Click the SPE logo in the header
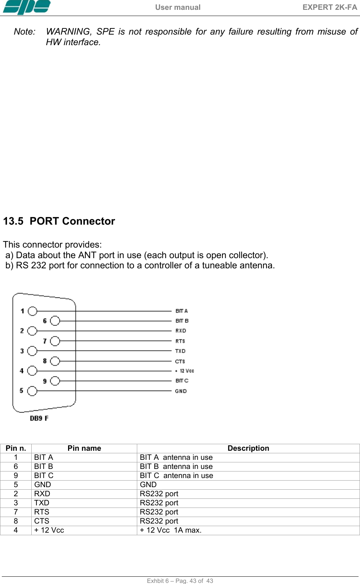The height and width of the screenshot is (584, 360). (26, 7)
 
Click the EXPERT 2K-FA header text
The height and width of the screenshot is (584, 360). (329, 7)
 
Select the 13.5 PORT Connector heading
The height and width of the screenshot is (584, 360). (59, 221)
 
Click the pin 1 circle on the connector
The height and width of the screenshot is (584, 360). (32, 311)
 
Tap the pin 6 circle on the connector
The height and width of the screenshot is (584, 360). (55, 321)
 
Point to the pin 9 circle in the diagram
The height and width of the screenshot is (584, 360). (55, 381)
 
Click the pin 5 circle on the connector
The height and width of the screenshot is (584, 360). (32, 391)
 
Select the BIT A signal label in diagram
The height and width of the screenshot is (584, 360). (182, 311)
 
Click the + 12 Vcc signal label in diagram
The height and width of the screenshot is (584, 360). (185, 371)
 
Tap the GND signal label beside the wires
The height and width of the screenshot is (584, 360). (181, 391)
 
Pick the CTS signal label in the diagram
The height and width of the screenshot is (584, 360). (180, 361)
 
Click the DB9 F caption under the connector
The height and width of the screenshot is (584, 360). (39, 418)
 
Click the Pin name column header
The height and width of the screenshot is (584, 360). (84, 448)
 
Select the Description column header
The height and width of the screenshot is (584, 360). (248, 448)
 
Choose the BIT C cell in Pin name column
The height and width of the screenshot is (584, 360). (44, 476)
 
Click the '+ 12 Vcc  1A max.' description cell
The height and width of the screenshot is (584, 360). (171, 530)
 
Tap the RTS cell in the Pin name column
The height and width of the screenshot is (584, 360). (41, 512)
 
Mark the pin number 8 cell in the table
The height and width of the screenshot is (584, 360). (16, 521)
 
